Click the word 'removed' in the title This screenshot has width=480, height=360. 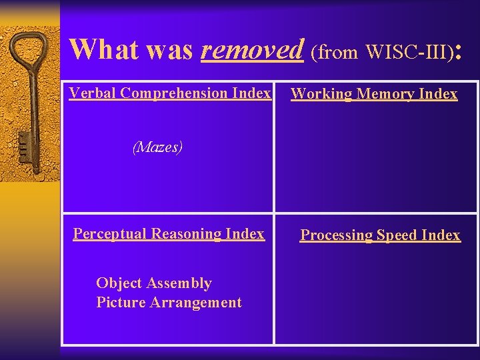pyautogui.click(x=252, y=49)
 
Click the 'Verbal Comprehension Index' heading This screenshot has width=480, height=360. pyautogui.click(x=170, y=93)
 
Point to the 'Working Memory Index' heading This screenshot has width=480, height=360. pyautogui.click(x=374, y=94)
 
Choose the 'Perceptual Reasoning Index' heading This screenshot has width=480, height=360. pyautogui.click(x=169, y=233)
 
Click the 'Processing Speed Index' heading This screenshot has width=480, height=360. pyautogui.click(x=380, y=235)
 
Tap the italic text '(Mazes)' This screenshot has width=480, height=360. pyautogui.click(x=157, y=147)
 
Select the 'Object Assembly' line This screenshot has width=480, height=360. pyautogui.click(x=154, y=283)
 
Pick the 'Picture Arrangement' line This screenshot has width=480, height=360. pyautogui.click(x=169, y=303)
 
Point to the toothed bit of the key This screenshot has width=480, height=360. pyautogui.click(x=23, y=143)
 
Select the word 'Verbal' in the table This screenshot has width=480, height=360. pyautogui.click(x=93, y=93)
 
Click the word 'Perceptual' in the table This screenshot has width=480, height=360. pyautogui.click(x=110, y=233)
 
